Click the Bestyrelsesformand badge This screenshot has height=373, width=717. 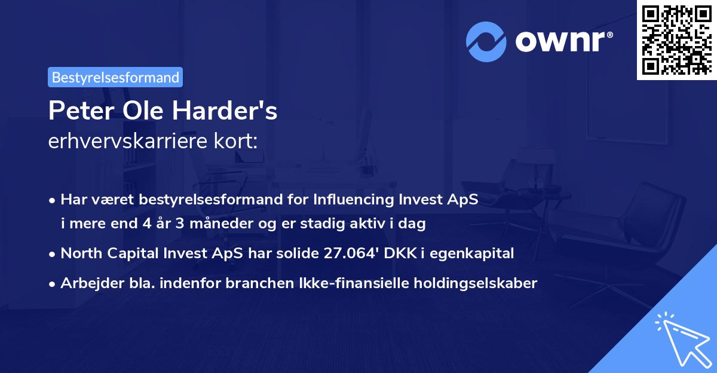115,77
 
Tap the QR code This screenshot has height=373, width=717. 676,39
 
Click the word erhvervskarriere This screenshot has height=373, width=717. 123,142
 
